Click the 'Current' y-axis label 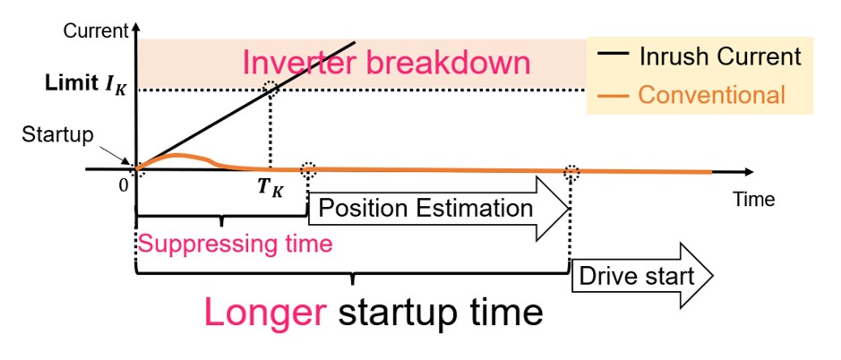coord(96,31)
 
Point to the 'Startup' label coord(57,135)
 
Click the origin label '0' coord(124,184)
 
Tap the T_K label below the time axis coord(270,189)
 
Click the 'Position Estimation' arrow coord(438,209)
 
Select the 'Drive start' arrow coord(642,276)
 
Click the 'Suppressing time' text coord(236,244)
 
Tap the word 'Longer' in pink coord(266,313)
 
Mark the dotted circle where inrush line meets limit coord(271,89)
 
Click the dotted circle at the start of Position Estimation coord(307,170)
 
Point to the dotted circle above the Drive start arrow coord(571,172)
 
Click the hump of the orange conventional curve coord(178,156)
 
